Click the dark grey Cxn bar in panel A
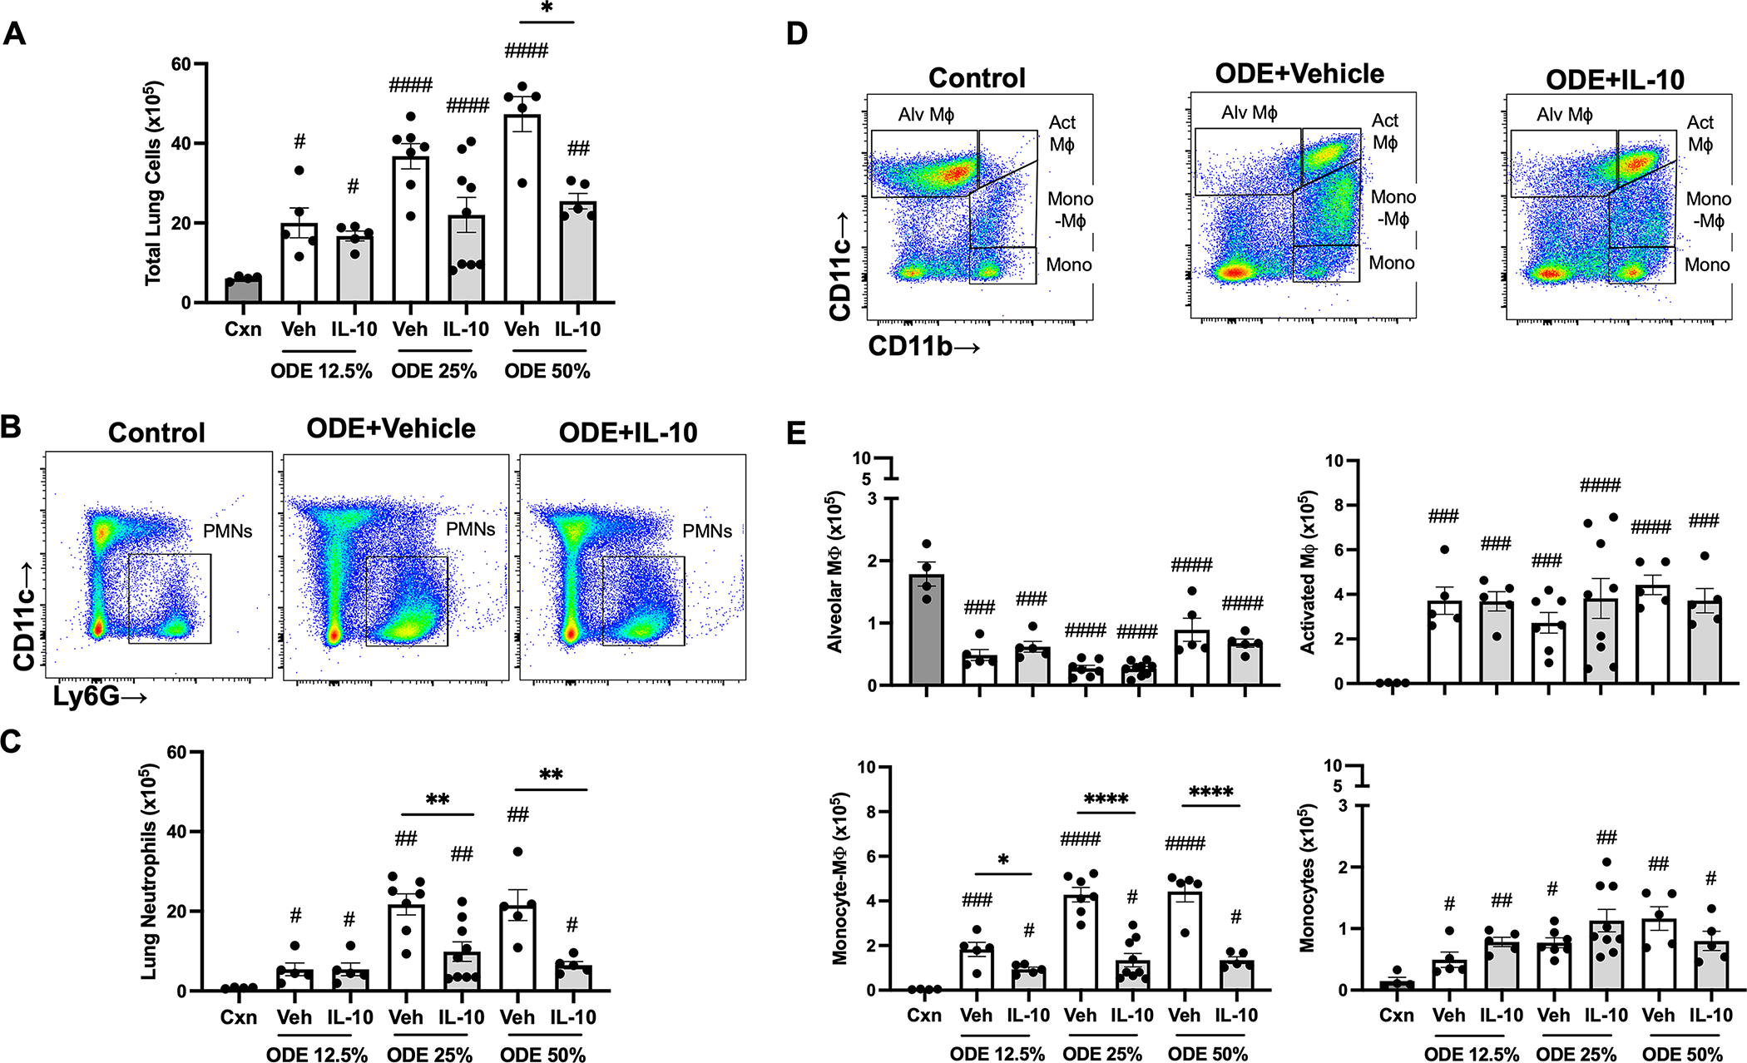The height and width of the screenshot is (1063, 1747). coord(243,289)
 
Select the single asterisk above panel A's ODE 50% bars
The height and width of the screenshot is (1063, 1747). coord(547,8)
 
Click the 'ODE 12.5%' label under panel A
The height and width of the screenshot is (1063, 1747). coord(321,371)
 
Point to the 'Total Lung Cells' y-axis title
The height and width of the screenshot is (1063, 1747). coord(153,183)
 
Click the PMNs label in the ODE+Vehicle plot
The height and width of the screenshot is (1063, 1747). coord(470,529)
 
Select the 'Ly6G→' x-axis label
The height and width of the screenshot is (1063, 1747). coord(100,696)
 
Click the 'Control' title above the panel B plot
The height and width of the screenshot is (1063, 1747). coord(156,433)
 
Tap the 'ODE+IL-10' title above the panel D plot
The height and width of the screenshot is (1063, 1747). coord(1615,80)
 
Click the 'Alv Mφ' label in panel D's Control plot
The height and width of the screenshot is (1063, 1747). coord(926,115)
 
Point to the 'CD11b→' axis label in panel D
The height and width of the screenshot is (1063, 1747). coord(923,346)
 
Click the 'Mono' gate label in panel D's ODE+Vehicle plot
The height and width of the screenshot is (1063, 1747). coord(1392,264)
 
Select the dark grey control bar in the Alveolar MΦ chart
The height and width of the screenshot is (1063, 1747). coord(926,630)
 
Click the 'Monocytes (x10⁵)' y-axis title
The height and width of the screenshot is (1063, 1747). coord(1308,878)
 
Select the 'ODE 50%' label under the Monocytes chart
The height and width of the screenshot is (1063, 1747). coord(1682,1055)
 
